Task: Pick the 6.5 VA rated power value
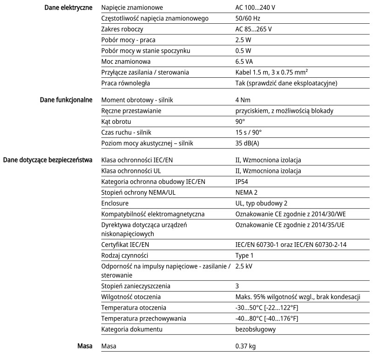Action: point(244,61)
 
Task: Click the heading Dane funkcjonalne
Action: point(68,100)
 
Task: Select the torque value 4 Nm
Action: point(244,100)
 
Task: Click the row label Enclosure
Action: point(115,204)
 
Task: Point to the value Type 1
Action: point(245,256)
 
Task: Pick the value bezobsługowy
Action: point(256,329)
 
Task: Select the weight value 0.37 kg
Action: point(245,347)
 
